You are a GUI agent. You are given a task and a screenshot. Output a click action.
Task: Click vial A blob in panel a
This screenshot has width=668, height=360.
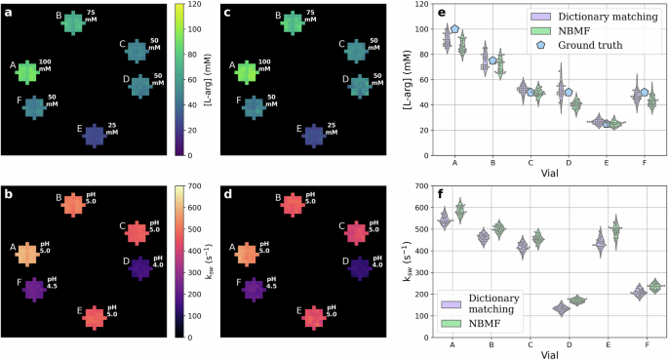pyautogui.click(x=26, y=71)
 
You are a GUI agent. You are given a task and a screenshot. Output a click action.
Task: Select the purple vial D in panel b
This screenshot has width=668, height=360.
pyautogui.click(x=140, y=267)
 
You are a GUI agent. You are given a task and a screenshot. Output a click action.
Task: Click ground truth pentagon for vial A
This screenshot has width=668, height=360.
pyautogui.click(x=454, y=29)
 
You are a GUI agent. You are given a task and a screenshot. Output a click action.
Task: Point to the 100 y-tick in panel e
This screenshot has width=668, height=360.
pyautogui.click(x=422, y=29)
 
